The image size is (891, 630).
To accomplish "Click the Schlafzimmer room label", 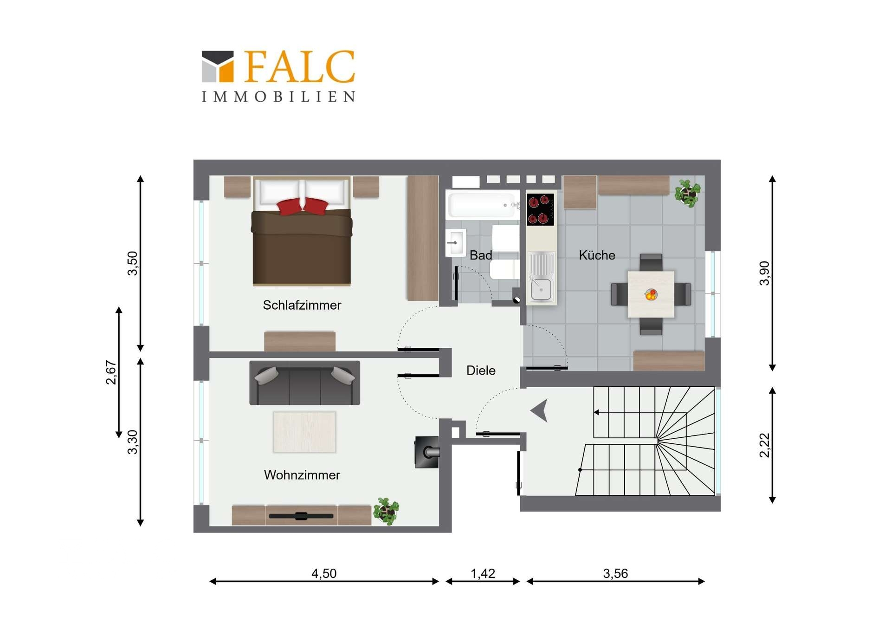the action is click(302, 305).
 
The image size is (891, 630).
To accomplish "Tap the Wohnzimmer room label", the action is click(302, 475).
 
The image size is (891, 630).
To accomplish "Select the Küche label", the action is click(597, 255).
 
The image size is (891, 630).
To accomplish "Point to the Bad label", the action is click(481, 255).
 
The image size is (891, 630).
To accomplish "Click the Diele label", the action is click(481, 370).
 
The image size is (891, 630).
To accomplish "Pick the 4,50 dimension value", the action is click(324, 573).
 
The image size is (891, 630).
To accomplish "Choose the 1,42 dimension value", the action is click(483, 573).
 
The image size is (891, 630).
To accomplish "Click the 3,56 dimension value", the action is click(615, 573).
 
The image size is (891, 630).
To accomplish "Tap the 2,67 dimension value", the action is click(111, 372).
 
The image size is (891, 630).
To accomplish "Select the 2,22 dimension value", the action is click(764, 445).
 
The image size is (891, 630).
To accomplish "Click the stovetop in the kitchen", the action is click(540, 209).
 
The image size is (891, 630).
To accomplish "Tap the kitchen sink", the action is click(542, 278).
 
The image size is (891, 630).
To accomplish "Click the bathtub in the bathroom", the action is click(483, 205).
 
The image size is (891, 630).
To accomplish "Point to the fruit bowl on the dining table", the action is click(651, 294).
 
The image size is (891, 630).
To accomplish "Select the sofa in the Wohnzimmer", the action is click(304, 383).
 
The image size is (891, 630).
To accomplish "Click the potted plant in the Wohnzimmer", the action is click(387, 511).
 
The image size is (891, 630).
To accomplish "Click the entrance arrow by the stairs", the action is click(540, 410).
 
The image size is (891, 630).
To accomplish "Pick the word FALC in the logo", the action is click(299, 67).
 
